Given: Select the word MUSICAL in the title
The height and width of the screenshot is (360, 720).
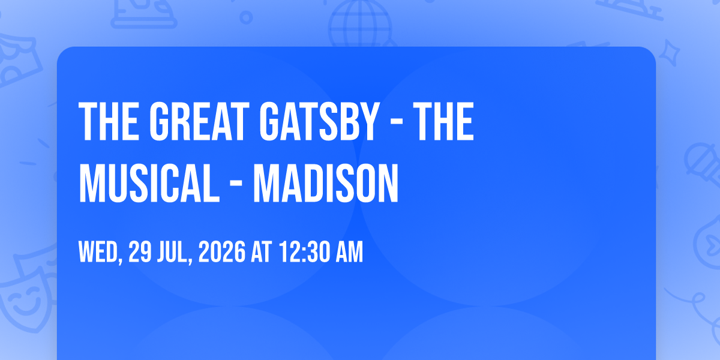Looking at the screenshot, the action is pos(149,183).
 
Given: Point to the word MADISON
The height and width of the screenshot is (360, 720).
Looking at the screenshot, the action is pos(326,183).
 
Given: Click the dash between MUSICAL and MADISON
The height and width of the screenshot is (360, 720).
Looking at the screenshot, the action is pos(236,184).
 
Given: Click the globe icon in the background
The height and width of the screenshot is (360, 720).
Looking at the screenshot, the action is pos(360,24).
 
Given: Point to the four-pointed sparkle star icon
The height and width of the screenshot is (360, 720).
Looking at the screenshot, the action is pos(669,53).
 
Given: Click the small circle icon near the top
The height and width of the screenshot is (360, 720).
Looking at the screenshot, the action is pos(246,17).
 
